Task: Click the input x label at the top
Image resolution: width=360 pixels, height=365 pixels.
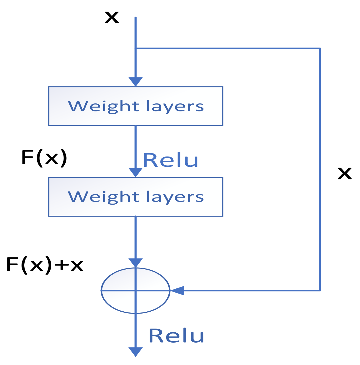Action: pyautogui.click(x=112, y=17)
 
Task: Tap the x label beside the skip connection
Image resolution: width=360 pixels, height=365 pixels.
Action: pyautogui.click(x=345, y=174)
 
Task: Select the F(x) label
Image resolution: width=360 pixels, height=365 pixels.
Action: pyautogui.click(x=44, y=158)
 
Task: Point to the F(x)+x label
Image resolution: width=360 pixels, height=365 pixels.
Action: pyautogui.click(x=45, y=265)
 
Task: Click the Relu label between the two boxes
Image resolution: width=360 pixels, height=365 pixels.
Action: pyautogui.click(x=171, y=160)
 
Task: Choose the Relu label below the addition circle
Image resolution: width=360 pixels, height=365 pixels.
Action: pyautogui.click(x=176, y=336)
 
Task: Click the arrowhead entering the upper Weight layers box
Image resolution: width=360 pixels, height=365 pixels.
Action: pyautogui.click(x=136, y=82)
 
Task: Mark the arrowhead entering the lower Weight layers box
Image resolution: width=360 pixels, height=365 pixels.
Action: pyautogui.click(x=136, y=172)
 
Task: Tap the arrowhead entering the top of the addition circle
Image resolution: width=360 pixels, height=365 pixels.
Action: pyautogui.click(x=136, y=263)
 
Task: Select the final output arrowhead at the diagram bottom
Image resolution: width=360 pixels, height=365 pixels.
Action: pyautogui.click(x=136, y=352)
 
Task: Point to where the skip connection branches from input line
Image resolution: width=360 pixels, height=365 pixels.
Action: pyautogui.click(x=136, y=48)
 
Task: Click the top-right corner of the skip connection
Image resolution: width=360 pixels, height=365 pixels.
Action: pyautogui.click(x=320, y=48)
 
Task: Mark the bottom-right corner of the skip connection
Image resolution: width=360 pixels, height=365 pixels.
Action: pyautogui.click(x=320, y=291)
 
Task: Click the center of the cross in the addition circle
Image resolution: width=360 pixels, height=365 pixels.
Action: pyautogui.click(x=136, y=291)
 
